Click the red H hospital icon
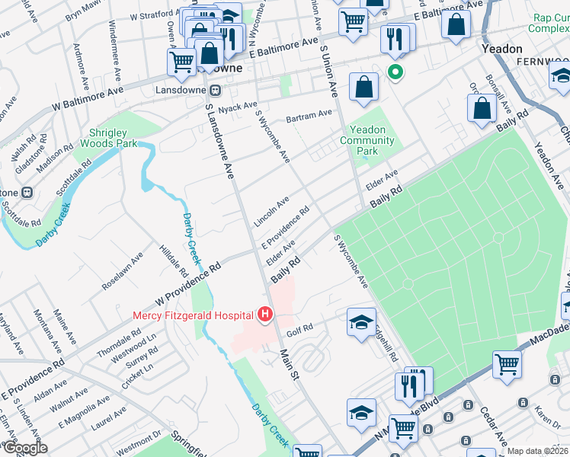pos(265,314)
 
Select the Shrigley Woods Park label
pos(107,138)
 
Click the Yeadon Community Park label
pos(369,140)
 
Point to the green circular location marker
pos(395,74)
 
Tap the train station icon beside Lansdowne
pos(216,90)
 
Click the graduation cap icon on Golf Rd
pos(361,321)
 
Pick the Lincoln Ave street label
pos(272,211)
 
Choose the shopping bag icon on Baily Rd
pos(482,109)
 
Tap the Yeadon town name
pos(502,48)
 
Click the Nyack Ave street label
pos(239,107)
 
